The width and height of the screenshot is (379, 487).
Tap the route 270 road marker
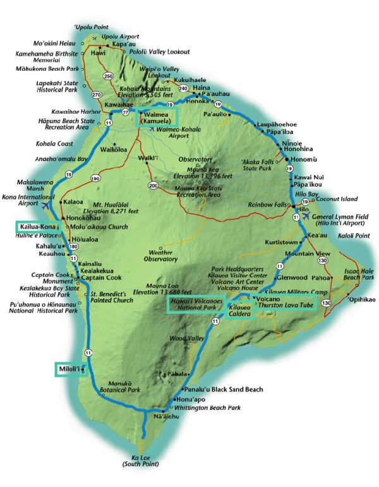[97, 95]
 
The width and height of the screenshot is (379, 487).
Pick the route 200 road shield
[153, 186]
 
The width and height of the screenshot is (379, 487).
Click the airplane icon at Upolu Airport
[95, 37]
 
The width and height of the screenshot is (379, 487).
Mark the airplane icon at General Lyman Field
[308, 217]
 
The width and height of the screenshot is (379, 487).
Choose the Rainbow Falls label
[266, 203]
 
